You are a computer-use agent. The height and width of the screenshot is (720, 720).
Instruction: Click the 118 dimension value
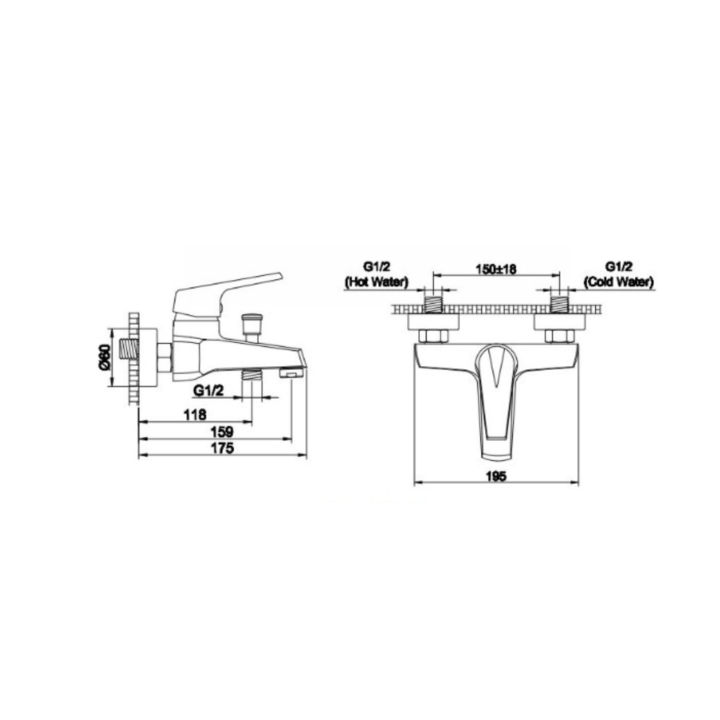coord(194,415)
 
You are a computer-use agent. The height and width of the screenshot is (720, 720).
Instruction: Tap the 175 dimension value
coord(222,448)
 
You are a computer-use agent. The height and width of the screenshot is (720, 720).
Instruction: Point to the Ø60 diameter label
coord(103,356)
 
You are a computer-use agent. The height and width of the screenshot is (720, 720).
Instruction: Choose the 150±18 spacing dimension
coord(496,268)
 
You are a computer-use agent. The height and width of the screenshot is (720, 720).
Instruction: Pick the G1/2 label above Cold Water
coord(619,267)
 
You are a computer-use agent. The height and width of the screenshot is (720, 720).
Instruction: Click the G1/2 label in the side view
coord(209,391)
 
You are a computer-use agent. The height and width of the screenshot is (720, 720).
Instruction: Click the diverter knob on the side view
coord(250,326)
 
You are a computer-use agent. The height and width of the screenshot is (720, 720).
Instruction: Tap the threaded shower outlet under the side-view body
coord(251,376)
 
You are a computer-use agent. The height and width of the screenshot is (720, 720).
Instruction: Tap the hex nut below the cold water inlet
coord(559,335)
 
